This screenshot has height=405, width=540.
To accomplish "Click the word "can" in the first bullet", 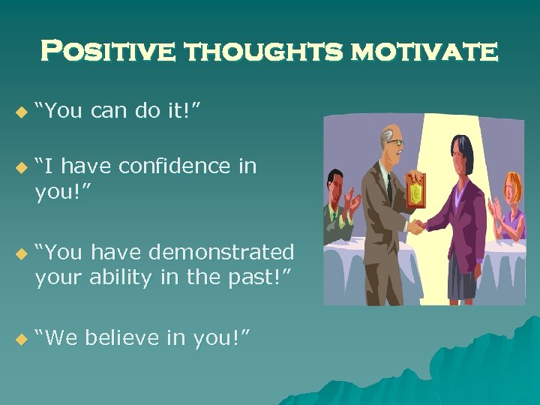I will pos(112,112).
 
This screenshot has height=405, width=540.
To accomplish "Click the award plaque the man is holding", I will pos(415,192).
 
